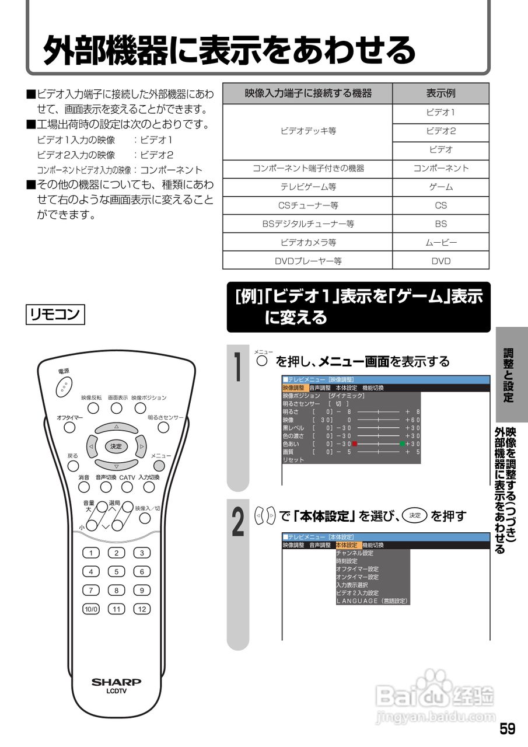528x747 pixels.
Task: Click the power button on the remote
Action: [64, 385]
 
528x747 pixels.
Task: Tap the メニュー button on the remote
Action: [159, 466]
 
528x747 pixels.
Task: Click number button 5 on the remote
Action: [116, 572]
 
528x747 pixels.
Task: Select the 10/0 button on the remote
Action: [91, 609]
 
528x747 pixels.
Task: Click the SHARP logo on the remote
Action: [116, 682]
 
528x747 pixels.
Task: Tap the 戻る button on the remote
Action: [73, 466]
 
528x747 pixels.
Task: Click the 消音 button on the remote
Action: [84, 487]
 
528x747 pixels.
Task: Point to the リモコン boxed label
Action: [55, 314]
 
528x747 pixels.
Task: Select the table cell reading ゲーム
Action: [440, 187]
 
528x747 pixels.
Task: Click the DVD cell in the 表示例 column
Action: [440, 261]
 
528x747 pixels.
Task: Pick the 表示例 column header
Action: [440, 93]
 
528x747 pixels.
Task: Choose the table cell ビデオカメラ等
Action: [307, 243]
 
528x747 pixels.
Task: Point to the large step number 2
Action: [238, 521]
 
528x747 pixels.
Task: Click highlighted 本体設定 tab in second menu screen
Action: [347, 545]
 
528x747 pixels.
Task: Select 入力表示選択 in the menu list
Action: [352, 585]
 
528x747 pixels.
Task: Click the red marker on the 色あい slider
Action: [354, 444]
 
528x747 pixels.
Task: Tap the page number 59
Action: [507, 729]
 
